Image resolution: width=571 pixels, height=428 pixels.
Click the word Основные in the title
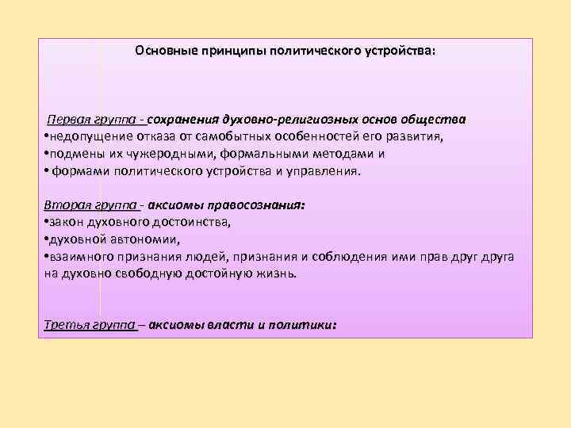pyautogui.click(x=161, y=50)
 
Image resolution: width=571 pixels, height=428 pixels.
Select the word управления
pyautogui.click(x=324, y=170)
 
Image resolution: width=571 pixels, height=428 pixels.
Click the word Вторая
pyautogui.click(x=66, y=204)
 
